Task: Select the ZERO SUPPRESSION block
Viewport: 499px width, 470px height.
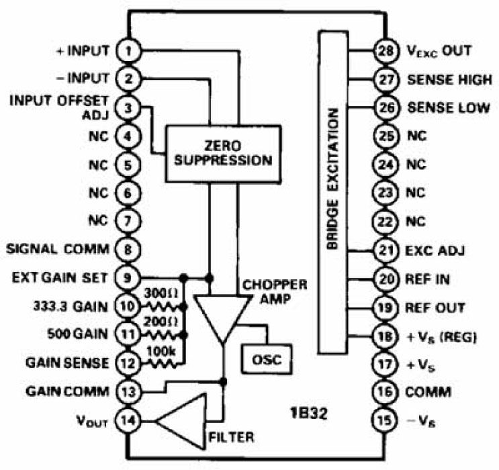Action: tap(220, 154)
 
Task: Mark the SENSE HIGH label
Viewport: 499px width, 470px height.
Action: tap(448, 79)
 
